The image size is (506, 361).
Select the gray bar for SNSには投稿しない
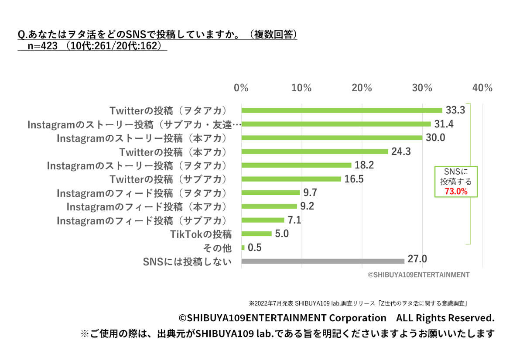click(323, 261)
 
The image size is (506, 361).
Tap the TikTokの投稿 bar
click(256, 234)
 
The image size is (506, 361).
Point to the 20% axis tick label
click(362, 88)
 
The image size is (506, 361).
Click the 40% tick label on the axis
click(482, 88)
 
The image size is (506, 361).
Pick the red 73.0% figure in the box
click(456, 191)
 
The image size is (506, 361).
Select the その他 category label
click(217, 248)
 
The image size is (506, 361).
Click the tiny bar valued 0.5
click(243, 248)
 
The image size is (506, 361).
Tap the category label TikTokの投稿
click(201, 234)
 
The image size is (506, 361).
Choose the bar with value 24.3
click(315, 151)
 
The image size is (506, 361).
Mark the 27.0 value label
click(417, 260)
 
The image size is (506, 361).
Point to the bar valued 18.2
click(296, 165)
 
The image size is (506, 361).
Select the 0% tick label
click(241, 88)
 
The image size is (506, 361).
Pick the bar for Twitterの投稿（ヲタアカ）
click(342, 110)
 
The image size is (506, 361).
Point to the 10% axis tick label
click(301, 88)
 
